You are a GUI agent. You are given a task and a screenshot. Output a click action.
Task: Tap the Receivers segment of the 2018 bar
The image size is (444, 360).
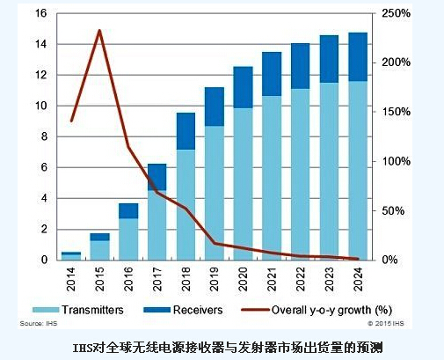pos(186,131)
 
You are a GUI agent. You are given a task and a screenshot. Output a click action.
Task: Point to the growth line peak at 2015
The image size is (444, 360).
pos(99,31)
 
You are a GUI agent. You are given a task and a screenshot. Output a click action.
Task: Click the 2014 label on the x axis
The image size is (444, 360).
pos(71,279)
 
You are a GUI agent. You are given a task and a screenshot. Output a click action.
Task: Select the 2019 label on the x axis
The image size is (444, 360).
pos(215,279)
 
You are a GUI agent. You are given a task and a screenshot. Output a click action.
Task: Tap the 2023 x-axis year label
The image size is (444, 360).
pos(330,279)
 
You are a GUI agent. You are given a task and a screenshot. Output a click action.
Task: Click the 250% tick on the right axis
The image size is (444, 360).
pos(394,13)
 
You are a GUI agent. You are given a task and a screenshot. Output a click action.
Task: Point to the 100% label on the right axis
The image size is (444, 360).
pos(394,162)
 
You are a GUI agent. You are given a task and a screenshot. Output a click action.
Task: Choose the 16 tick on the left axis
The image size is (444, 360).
pos(42,13)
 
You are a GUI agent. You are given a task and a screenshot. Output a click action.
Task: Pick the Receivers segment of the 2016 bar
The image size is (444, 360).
pos(128,210)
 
